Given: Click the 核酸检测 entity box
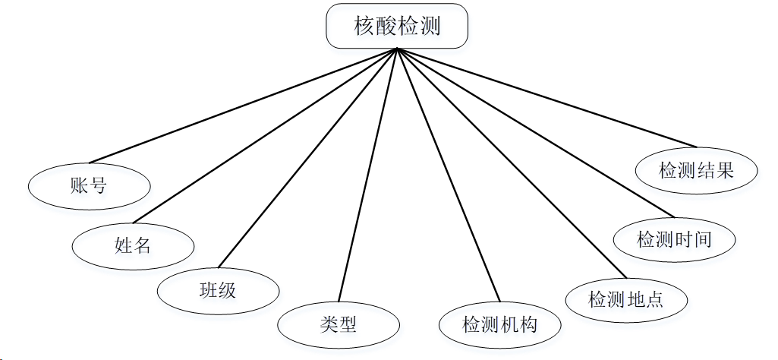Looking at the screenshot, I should coord(397,27).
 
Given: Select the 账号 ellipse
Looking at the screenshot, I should coord(88,185).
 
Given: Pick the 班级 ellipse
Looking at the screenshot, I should coord(218,289).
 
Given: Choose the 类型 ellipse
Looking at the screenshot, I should coord(338,324).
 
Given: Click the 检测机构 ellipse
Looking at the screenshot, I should coord(499,324).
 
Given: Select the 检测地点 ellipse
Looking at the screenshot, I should coord(626,298).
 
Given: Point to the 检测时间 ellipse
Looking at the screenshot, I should coord(674,238).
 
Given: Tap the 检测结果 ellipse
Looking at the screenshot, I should coord(696,170).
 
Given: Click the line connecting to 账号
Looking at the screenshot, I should coord(243,106).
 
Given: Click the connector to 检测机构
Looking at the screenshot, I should coord(448,175).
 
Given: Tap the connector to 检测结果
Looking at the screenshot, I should coord(546,98).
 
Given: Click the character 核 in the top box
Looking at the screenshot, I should coord(364,27).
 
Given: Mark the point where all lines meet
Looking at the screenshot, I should coord(397,49).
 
